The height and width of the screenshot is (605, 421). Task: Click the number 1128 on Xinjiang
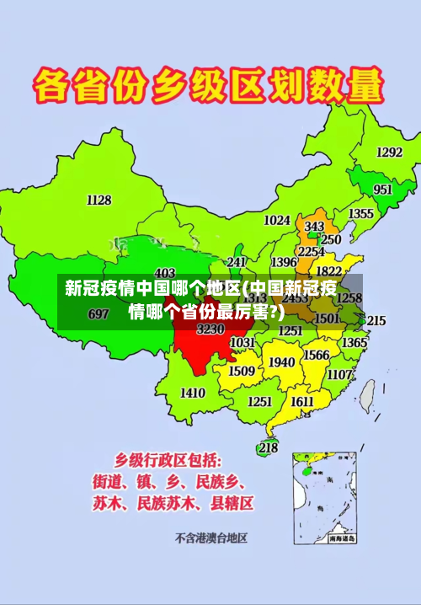pos(99,200)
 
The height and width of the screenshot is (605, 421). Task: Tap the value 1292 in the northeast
pos(389,153)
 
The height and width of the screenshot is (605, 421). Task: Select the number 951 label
pos(383,190)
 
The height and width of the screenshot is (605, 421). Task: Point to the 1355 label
pos(361,214)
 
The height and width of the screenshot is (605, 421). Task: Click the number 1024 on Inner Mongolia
pos(277,220)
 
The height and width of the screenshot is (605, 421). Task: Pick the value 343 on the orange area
pos(314,227)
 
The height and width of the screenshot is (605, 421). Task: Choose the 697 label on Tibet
pos(99,314)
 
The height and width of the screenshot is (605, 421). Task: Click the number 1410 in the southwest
pos(193,393)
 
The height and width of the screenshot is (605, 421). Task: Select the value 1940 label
pos(281,361)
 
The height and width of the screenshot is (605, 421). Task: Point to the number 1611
pos(301,402)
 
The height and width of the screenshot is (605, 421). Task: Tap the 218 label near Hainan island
pos(268,448)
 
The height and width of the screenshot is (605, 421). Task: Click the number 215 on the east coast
pos(376,321)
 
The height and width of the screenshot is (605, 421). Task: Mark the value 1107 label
pos(339,374)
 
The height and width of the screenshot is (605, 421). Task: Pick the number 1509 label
pos(242,371)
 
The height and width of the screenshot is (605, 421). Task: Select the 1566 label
pos(316,355)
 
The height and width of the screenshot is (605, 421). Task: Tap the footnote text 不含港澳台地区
pos(210,537)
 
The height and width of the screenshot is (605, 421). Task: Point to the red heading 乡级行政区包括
pos(168,460)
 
